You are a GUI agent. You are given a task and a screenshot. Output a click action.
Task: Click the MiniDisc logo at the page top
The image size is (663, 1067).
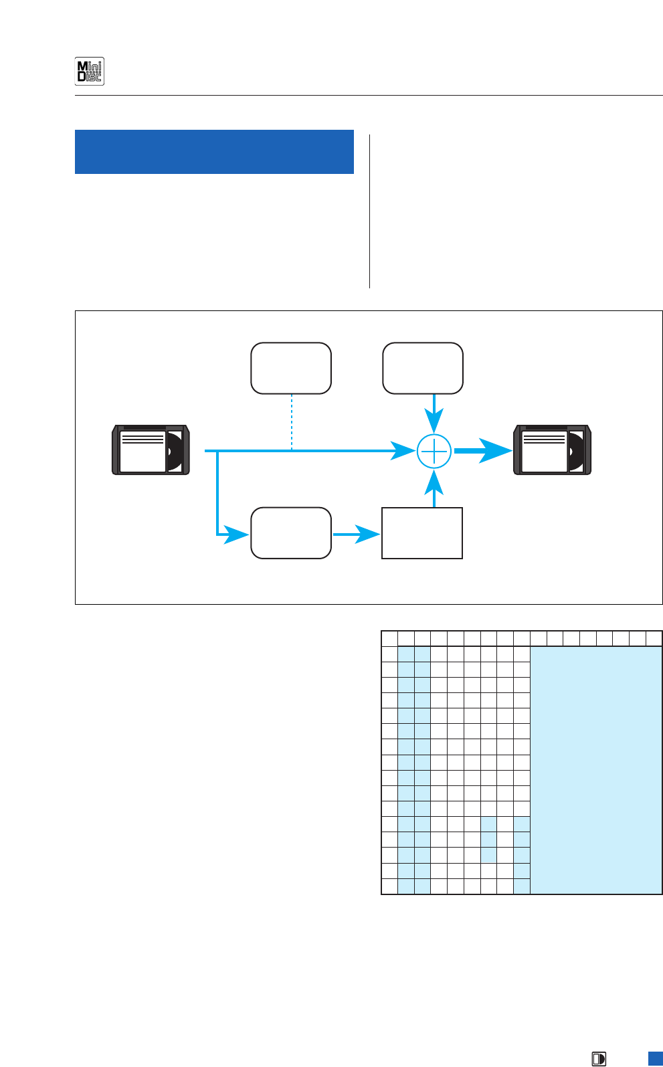coord(89,72)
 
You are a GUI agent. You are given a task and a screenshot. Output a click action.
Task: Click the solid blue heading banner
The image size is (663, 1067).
coord(214,152)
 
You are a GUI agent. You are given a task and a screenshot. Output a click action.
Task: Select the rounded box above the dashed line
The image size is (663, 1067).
coord(291,369)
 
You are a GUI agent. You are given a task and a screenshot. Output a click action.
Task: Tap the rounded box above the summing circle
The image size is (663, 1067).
coord(423,369)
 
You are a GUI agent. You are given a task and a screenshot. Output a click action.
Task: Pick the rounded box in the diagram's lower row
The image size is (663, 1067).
coord(291,533)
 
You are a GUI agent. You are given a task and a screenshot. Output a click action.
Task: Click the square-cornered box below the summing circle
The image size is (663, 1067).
coord(422,533)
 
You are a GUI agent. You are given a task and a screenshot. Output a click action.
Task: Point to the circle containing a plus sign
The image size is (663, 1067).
coord(434,452)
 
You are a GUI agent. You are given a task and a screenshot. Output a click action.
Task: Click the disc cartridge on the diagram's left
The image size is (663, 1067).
coord(151,450)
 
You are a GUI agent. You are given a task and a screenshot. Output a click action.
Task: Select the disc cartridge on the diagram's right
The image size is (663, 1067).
coord(552,450)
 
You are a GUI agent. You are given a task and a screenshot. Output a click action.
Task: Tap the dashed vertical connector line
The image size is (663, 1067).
coord(292,422)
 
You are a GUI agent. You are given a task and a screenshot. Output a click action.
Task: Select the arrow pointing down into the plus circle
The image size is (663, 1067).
coord(434,415)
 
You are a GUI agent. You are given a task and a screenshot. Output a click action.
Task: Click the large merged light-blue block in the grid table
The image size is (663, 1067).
coord(595,769)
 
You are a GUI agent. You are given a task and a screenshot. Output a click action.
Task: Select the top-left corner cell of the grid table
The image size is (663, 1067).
coord(389,638)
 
